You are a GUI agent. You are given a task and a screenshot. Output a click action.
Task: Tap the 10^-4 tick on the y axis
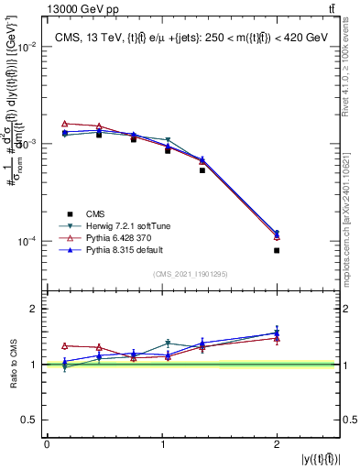(27, 242)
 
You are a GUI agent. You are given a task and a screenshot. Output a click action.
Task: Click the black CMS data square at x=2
(277, 250)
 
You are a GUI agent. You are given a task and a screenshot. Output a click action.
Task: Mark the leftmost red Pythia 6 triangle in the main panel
(65, 124)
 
